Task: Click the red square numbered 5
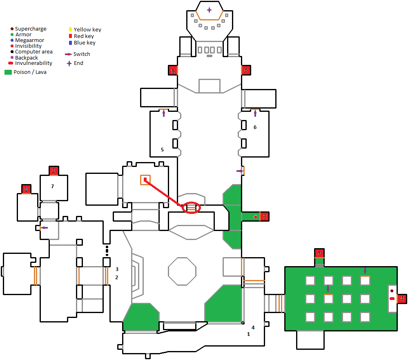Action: point(173,70)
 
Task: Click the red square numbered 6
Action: point(246,70)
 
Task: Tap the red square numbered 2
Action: point(54,171)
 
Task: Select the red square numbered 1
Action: point(26,189)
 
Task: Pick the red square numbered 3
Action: point(265,216)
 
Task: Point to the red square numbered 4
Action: point(402,299)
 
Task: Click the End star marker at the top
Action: point(209,10)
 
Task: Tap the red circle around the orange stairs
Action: point(192,208)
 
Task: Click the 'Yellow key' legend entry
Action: point(85,29)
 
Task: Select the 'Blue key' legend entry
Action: point(82,43)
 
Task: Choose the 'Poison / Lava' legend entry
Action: point(25,72)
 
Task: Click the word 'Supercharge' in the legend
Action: point(31,29)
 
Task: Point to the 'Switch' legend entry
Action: point(78,54)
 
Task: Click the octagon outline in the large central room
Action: point(182,271)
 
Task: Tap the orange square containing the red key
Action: point(145,180)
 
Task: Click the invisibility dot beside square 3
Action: point(255,217)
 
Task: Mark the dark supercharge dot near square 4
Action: point(392,291)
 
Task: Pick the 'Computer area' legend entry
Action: point(31,51)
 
